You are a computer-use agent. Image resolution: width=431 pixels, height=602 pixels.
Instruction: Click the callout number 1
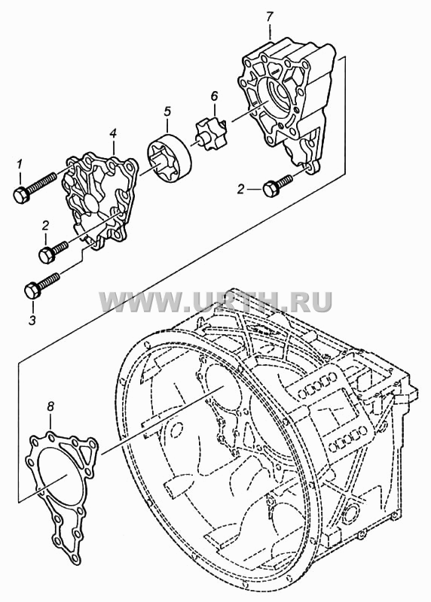tap(20, 165)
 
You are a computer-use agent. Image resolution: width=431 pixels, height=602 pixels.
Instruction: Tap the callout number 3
tap(32, 319)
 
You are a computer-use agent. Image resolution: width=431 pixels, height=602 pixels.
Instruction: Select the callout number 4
tap(113, 134)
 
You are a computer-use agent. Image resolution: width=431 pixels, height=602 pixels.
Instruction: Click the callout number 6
tap(214, 96)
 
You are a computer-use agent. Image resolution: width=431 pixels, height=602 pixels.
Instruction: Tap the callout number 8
tap(50, 406)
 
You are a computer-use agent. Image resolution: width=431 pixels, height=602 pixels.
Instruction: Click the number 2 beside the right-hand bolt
tap(240, 189)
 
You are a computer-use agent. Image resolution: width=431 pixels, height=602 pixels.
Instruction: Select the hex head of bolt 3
tap(32, 290)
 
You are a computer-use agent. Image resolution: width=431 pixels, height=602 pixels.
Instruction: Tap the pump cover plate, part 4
tap(99, 200)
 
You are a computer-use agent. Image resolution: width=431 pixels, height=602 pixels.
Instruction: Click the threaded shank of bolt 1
tap(42, 183)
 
